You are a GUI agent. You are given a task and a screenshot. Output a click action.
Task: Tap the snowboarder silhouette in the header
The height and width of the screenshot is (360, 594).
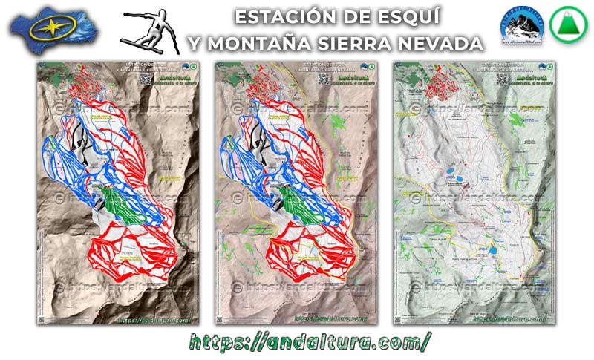pyautogui.click(x=151, y=33)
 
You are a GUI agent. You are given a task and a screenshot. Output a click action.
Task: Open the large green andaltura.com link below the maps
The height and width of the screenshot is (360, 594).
pyautogui.click(x=310, y=342)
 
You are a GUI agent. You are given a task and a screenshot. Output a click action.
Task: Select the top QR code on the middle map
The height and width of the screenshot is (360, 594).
pyautogui.click(x=324, y=77)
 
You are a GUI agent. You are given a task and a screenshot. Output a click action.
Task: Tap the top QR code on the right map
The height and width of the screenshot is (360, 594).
pyautogui.click(x=503, y=77)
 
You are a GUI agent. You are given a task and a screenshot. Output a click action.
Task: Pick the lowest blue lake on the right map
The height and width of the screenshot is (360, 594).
pyautogui.click(x=493, y=252)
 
